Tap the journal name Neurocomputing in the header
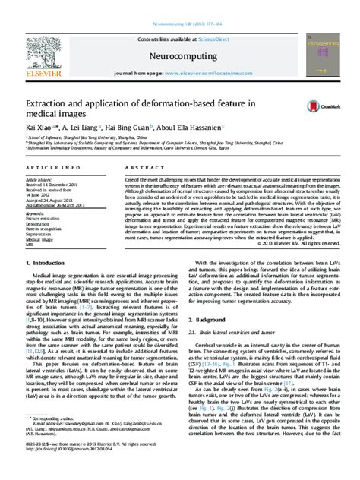180,55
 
